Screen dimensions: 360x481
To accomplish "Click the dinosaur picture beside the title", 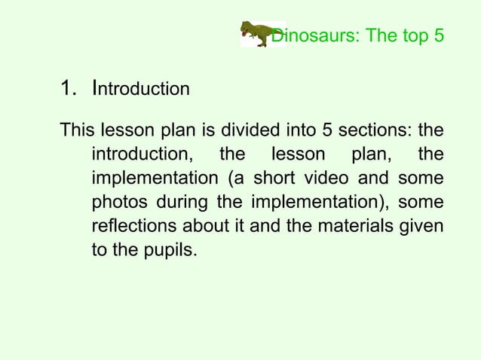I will point(256,34).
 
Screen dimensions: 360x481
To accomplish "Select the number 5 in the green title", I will point(438,35).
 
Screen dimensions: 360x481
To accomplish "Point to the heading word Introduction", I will point(140,89).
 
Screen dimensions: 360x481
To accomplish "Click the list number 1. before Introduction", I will point(69,89).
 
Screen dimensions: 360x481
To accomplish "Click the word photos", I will point(118,203).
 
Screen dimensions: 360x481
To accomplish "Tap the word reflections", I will point(130,227).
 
